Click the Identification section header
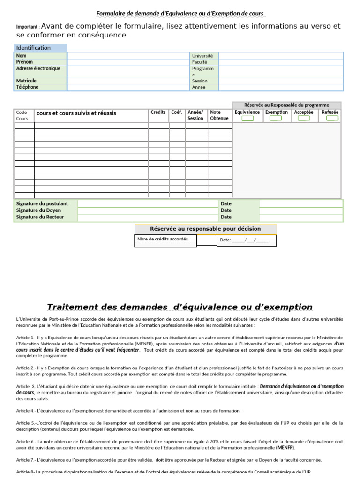(x=34, y=48)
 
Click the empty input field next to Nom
(x=128, y=56)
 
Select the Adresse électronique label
(x=38, y=68)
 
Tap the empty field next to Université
(x=281, y=56)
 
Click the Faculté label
(x=199, y=62)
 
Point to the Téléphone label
(x=28, y=87)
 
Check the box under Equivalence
(x=247, y=119)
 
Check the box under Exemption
(x=276, y=119)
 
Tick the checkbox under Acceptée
(x=304, y=119)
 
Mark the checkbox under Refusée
(x=332, y=119)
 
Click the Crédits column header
(x=158, y=112)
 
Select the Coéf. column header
(x=177, y=112)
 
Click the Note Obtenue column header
(x=219, y=115)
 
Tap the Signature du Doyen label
(x=38, y=210)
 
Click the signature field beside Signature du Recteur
(x=147, y=217)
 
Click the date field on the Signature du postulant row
(x=300, y=204)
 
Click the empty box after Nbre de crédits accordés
(x=206, y=240)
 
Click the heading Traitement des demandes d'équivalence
(x=180, y=307)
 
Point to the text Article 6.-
(x=26, y=442)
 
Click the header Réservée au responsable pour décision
(x=205, y=229)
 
